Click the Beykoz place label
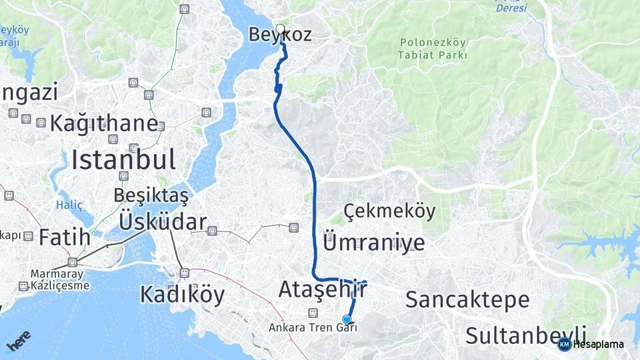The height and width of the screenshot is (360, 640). [280, 35]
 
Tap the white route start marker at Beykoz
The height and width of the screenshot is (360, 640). [280, 29]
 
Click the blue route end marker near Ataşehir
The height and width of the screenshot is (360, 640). [347, 319]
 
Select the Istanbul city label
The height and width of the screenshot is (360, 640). [123, 160]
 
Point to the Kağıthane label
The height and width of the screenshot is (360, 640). [103, 123]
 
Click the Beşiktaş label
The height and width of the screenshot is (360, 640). [151, 195]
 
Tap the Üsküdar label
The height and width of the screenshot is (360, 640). [163, 221]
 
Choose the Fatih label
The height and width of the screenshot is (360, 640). [65, 237]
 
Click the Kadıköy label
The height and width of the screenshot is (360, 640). [182, 295]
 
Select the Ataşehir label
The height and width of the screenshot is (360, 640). [323, 290]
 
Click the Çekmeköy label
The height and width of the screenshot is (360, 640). [390, 212]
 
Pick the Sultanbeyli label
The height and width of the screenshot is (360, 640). [526, 335]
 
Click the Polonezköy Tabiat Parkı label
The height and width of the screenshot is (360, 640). [433, 49]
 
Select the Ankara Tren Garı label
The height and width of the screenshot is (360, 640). [313, 327]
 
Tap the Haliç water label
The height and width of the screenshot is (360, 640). [69, 205]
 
